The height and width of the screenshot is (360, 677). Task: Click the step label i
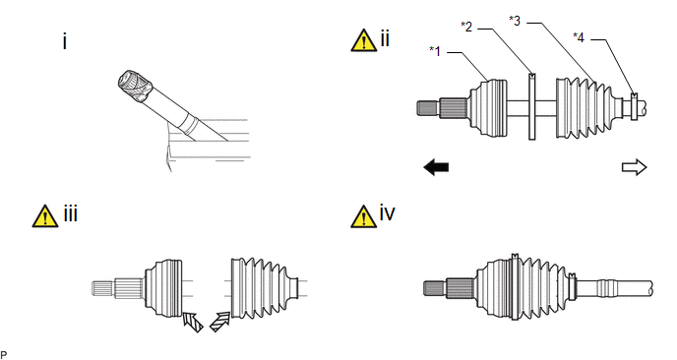(65, 42)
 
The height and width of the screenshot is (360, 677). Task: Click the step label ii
(385, 38)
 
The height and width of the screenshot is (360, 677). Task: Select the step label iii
(71, 214)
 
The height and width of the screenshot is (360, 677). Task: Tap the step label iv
(388, 213)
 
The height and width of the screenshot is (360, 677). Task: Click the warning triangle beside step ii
(363, 40)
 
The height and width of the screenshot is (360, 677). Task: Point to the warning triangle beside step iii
(45, 216)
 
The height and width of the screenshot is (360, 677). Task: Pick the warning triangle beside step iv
(363, 216)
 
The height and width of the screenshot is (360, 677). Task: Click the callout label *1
(435, 51)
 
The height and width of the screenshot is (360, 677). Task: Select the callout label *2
(466, 27)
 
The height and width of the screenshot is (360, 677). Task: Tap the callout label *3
(515, 21)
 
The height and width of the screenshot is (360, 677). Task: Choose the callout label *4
(579, 38)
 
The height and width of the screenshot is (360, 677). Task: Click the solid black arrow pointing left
(437, 167)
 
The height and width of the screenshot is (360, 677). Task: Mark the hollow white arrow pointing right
(635, 167)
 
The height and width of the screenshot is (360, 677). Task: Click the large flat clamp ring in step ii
(532, 106)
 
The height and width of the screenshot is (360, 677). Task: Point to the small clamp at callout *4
(634, 106)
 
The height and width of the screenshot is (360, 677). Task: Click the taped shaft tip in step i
(135, 86)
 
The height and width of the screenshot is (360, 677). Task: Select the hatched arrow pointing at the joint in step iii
(193, 322)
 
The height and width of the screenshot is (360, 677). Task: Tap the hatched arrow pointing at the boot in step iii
(219, 322)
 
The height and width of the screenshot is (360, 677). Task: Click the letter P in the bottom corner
(4, 355)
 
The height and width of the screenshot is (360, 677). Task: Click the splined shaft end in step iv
(434, 288)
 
